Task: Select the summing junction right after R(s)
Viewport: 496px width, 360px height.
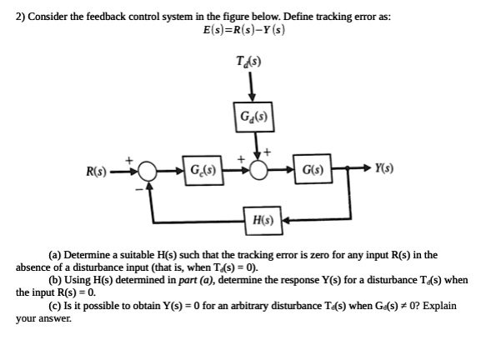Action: click(x=149, y=173)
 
